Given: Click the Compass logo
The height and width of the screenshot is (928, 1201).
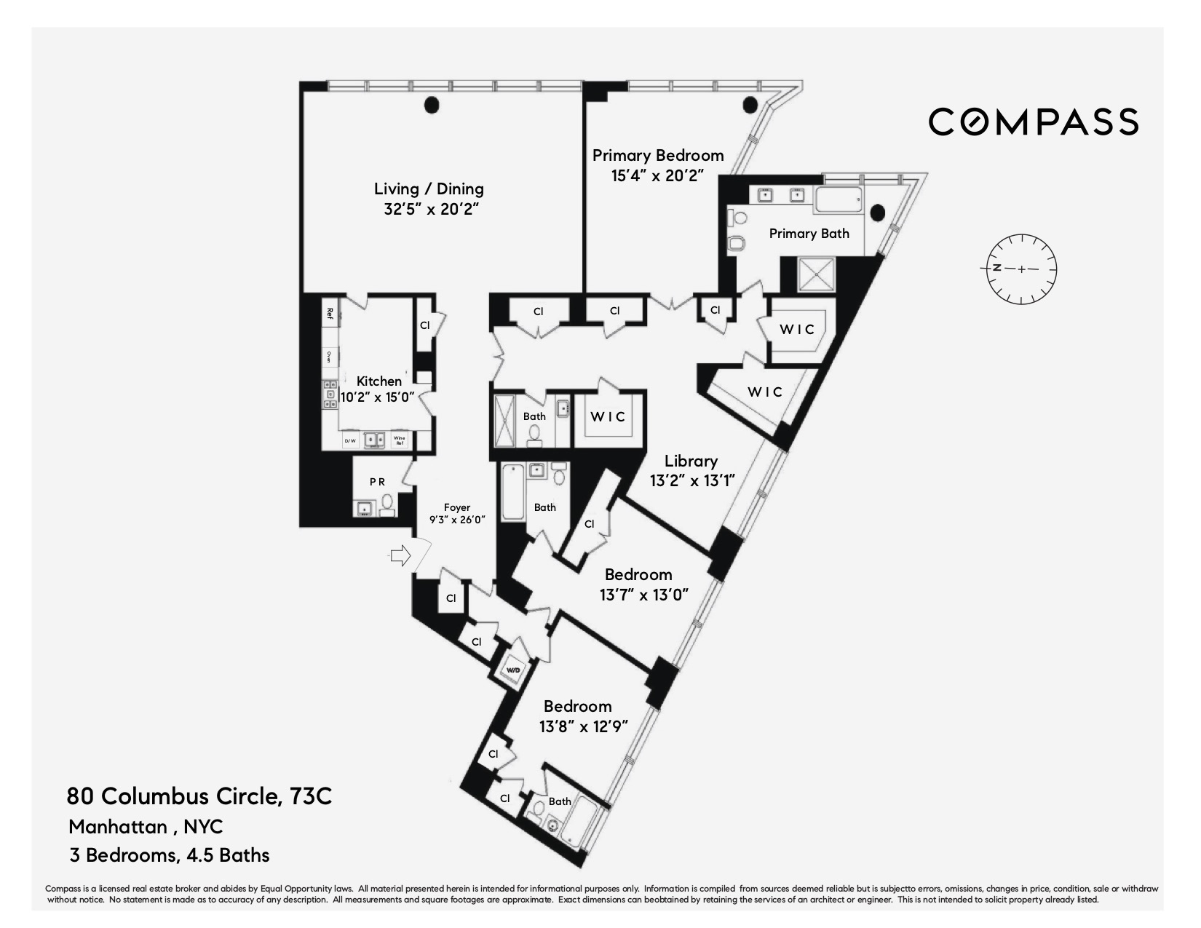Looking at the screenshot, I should pyautogui.click(x=1033, y=122).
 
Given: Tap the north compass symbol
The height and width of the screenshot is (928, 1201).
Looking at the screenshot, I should pyautogui.click(x=1021, y=269).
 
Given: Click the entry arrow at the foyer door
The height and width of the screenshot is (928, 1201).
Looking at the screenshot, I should pyautogui.click(x=400, y=557).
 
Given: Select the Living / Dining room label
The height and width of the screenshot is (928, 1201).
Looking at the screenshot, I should pyautogui.click(x=429, y=189).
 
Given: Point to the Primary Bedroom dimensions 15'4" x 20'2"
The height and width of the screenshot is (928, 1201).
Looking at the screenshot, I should pyautogui.click(x=657, y=175).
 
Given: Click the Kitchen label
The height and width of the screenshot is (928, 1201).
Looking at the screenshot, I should pyautogui.click(x=378, y=381).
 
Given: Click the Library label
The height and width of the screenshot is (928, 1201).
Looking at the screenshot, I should pyautogui.click(x=691, y=461).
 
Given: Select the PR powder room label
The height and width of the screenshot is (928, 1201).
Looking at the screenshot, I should pyautogui.click(x=377, y=482).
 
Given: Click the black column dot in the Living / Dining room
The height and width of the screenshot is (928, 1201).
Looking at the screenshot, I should pyautogui.click(x=432, y=106).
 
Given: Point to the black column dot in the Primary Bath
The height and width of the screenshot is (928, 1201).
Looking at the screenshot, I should pyautogui.click(x=878, y=213).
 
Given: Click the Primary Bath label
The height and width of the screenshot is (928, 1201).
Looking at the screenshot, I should pyautogui.click(x=809, y=234).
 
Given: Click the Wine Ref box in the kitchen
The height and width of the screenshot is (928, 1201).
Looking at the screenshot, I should pyautogui.click(x=399, y=440).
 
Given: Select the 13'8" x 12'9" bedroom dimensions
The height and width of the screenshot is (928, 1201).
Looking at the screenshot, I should pyautogui.click(x=583, y=726).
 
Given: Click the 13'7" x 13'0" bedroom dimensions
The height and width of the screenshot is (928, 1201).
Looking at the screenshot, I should pyautogui.click(x=643, y=595).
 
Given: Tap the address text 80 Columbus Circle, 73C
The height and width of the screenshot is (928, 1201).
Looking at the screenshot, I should pyautogui.click(x=199, y=796).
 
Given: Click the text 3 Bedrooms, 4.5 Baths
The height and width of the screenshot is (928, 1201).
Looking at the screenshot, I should pyautogui.click(x=170, y=855).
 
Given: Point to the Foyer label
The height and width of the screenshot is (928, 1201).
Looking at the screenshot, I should pyautogui.click(x=457, y=508).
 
